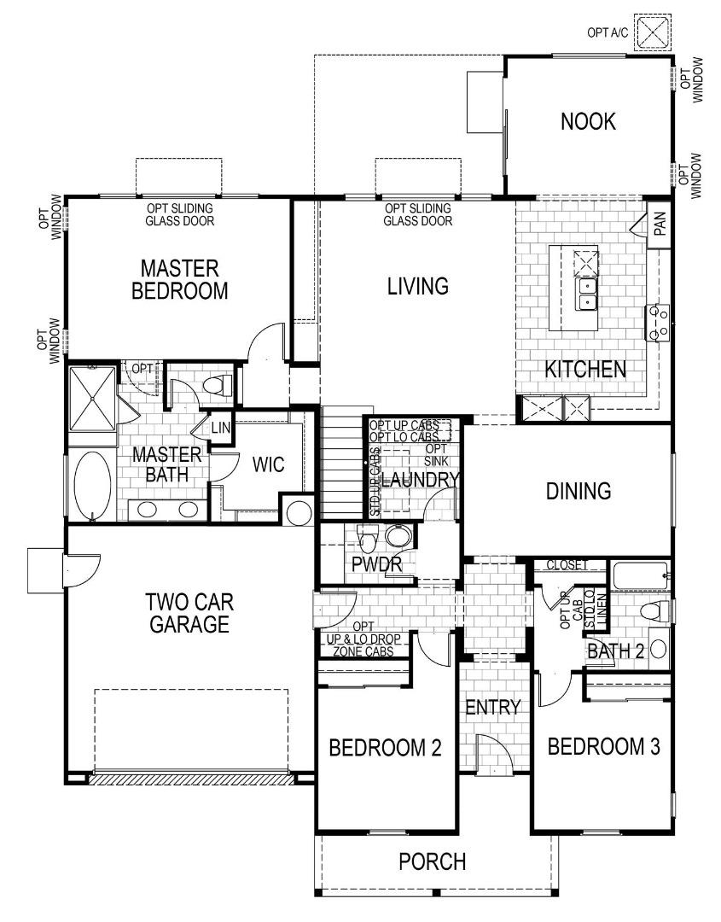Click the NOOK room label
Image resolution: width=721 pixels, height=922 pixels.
(588, 122)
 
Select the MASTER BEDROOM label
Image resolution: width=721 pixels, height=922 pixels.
(180, 279)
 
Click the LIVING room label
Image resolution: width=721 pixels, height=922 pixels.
(417, 286)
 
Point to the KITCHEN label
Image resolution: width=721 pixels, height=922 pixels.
(585, 370)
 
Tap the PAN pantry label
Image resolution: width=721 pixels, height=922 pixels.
(659, 225)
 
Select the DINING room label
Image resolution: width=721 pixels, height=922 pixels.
(579, 491)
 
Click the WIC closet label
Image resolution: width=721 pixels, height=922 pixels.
(268, 465)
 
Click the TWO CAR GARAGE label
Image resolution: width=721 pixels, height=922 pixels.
(189, 612)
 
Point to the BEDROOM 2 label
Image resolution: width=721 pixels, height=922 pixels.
(385, 749)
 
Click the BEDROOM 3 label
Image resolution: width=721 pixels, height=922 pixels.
(603, 747)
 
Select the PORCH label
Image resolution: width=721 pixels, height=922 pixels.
(433, 861)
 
